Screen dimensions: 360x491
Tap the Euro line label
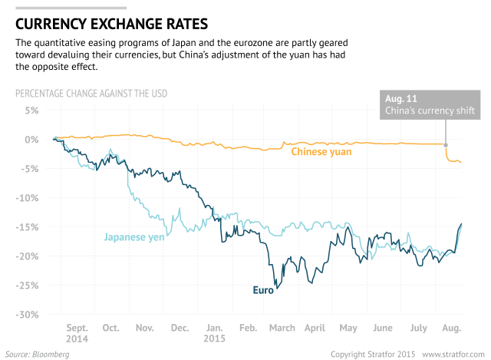[x=264, y=290]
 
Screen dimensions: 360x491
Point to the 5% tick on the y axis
[x=31, y=111]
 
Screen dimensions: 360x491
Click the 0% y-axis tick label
[x=31, y=140]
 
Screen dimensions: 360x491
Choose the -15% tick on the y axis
[x=28, y=227]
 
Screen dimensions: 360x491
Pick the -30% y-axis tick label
[x=28, y=315]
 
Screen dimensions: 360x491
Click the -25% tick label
[x=28, y=286]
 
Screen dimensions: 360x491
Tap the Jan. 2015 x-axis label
[x=215, y=332]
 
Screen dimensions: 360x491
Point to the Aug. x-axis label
[x=452, y=328]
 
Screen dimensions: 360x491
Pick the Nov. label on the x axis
[x=145, y=328]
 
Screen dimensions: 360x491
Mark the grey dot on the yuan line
[x=446, y=144]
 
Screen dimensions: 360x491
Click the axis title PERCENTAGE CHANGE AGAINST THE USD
[x=91, y=94]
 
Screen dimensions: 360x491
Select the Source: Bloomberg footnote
[x=38, y=354]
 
